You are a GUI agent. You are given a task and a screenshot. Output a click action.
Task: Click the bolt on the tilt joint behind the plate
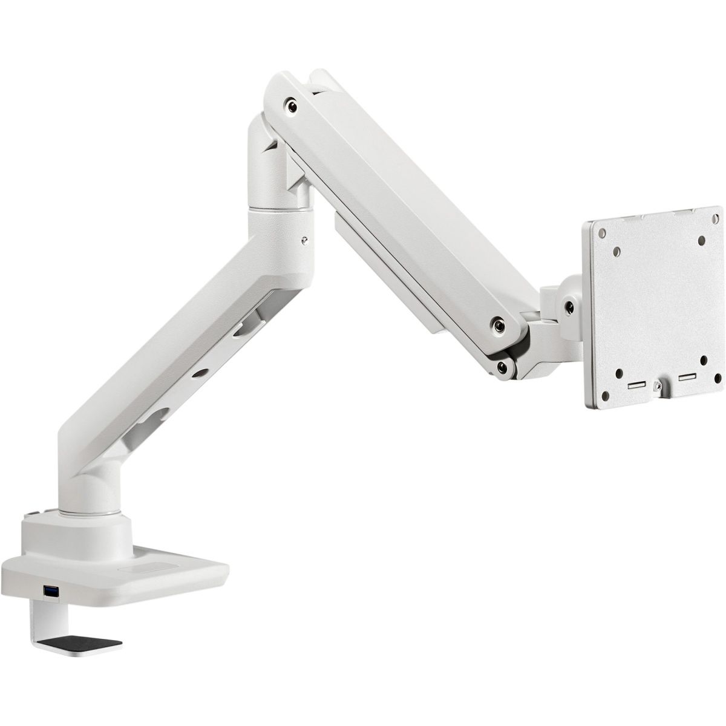coord(568,306)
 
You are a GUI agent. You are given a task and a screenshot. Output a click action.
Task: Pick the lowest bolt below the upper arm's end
coord(502,367)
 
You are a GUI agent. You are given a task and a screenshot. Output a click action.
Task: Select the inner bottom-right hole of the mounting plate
coord(703,361)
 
